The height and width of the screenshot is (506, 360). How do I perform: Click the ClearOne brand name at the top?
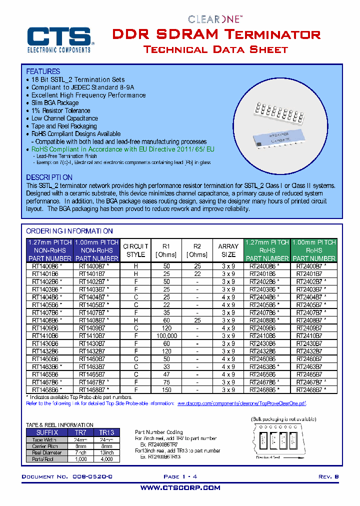[x=215, y=19]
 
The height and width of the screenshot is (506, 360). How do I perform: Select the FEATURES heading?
[x=43, y=71]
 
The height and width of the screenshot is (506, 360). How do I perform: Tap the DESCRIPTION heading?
[x=49, y=177]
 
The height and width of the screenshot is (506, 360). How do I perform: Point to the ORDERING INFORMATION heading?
[x=69, y=231]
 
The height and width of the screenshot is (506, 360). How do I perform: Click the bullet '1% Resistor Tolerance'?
[x=60, y=110]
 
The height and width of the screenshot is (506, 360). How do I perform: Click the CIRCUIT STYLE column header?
[x=135, y=250]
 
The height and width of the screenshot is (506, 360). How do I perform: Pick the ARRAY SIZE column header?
[x=228, y=250]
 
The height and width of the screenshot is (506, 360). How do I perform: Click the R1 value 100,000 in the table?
[x=166, y=336]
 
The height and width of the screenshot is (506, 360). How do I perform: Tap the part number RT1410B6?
[x=45, y=336]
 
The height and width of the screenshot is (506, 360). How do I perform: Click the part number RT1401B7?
[x=92, y=274]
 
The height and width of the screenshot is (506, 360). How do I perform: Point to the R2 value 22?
[x=197, y=274]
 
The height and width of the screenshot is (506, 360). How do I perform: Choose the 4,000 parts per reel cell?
[x=106, y=458]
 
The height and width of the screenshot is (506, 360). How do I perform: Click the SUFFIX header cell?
[x=47, y=432]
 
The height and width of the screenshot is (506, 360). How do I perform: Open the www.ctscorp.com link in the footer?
[x=180, y=487]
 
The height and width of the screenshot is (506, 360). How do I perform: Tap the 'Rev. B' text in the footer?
[x=328, y=477]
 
